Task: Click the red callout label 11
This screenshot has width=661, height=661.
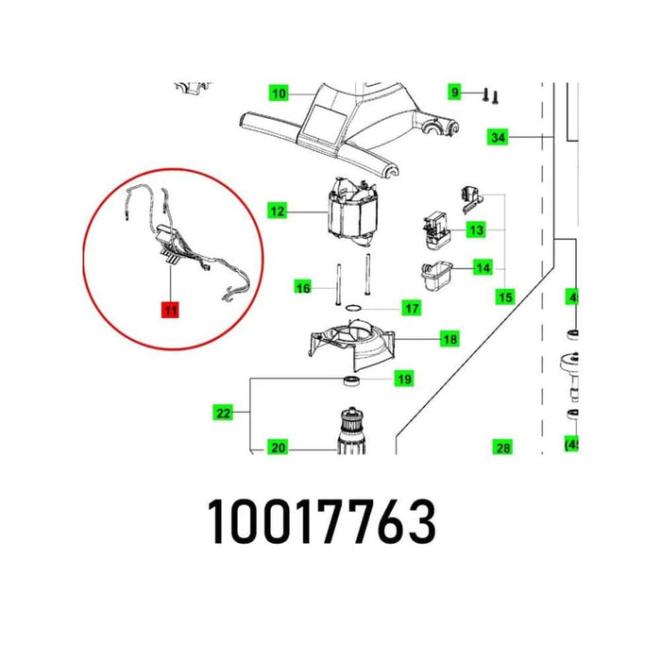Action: click(170, 309)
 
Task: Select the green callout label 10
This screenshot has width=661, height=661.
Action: click(278, 93)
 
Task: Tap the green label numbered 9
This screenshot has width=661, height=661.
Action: click(455, 92)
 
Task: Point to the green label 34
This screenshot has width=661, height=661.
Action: click(498, 138)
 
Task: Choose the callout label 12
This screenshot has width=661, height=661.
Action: click(277, 212)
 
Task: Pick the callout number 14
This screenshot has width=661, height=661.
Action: click(483, 268)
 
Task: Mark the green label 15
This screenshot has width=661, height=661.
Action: click(505, 297)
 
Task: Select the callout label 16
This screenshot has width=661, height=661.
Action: click(302, 288)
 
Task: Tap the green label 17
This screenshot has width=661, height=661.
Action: click(412, 308)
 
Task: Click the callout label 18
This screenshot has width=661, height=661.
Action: click(449, 339)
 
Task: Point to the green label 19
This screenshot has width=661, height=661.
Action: click(404, 381)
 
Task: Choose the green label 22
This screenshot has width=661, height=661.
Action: click(223, 413)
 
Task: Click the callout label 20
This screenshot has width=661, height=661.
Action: click(277, 448)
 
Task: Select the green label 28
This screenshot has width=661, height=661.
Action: click(502, 447)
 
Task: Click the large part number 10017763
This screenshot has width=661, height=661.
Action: click(322, 520)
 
